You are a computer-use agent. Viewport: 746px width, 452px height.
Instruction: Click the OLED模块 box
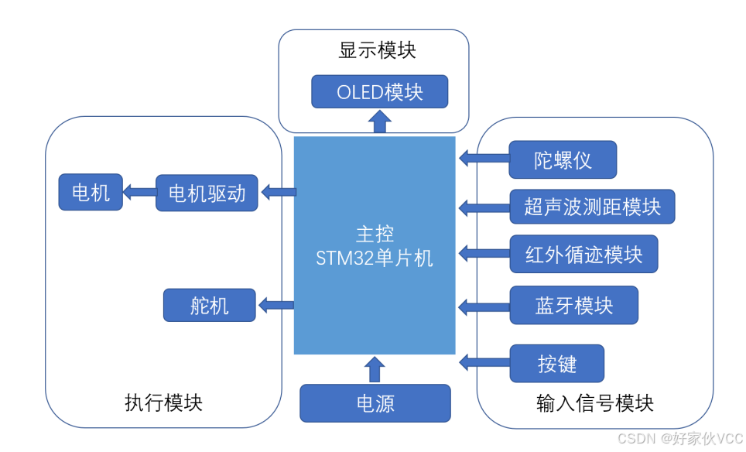379,92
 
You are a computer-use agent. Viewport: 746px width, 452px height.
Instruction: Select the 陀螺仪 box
563,160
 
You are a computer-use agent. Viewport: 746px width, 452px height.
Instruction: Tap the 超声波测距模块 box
592,207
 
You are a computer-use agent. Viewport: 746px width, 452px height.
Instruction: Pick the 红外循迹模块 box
583,254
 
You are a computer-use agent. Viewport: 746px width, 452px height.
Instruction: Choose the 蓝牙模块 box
573,305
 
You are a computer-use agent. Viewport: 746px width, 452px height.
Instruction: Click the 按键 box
556,363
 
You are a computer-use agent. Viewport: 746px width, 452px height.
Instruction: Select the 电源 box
375,403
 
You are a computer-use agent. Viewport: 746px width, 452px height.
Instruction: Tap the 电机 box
91,192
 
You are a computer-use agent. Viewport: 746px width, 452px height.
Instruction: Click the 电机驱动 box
207,193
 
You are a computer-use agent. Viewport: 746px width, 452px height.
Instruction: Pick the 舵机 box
209,305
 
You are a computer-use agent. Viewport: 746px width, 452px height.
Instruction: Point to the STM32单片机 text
375,258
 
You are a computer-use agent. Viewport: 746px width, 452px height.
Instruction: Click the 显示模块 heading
377,51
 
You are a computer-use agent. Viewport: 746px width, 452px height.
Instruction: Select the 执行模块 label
163,402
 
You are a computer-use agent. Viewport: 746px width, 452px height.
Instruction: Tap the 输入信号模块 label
594,403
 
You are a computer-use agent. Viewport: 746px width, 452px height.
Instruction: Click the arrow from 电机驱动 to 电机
139,192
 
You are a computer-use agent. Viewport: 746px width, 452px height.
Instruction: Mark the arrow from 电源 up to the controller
375,369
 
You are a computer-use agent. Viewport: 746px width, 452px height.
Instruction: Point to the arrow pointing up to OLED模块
379,122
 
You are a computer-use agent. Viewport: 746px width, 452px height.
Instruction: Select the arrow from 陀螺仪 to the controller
484,159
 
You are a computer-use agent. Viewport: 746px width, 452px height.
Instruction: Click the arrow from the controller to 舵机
276,305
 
